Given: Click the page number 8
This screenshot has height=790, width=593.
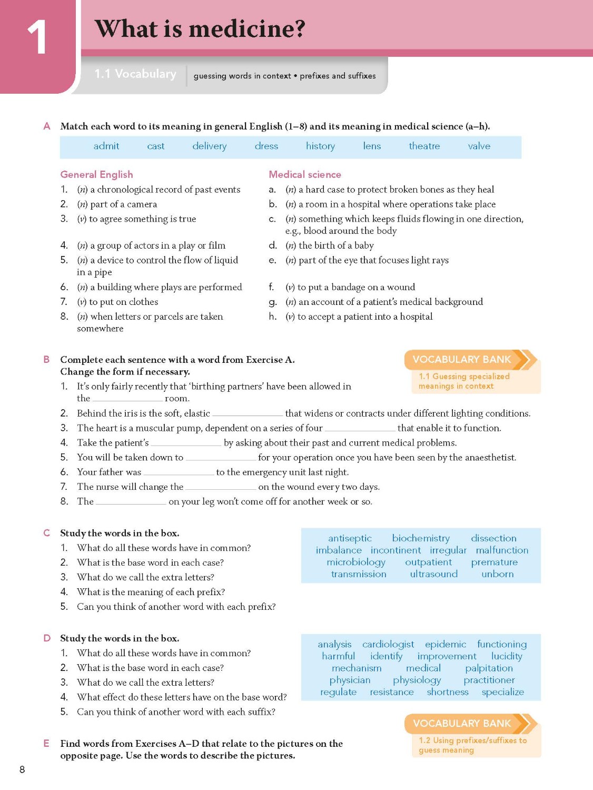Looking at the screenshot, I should click(x=22, y=769).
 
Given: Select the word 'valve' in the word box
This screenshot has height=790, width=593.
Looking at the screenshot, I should click(x=479, y=146).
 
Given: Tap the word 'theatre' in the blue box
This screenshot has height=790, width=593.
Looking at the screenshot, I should click(x=424, y=146).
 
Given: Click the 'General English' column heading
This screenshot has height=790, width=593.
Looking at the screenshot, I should click(x=96, y=175).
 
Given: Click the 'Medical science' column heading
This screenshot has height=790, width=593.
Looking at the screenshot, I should click(x=304, y=175).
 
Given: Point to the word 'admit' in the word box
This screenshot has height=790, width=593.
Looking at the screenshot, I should click(x=106, y=146).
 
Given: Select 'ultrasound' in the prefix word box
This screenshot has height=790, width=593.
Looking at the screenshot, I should click(x=433, y=574).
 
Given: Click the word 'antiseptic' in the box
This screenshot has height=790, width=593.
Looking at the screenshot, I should click(x=350, y=538).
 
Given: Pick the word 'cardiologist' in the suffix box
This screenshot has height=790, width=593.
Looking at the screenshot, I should click(x=388, y=644).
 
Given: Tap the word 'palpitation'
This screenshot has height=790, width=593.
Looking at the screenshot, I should click(x=489, y=668).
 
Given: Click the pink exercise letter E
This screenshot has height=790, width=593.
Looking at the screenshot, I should click(x=46, y=744).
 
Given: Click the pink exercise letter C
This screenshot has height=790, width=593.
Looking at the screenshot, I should click(x=46, y=533).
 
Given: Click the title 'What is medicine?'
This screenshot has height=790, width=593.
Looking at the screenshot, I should click(x=200, y=29).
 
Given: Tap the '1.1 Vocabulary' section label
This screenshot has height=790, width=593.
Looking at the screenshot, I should click(x=135, y=74).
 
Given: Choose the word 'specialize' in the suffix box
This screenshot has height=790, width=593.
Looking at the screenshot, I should click(x=502, y=692).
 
